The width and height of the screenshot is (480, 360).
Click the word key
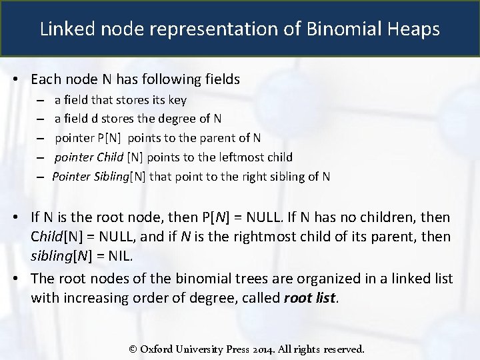point(177,100)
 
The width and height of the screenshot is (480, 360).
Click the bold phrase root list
point(311,298)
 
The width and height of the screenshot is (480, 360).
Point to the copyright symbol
point(133,349)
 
